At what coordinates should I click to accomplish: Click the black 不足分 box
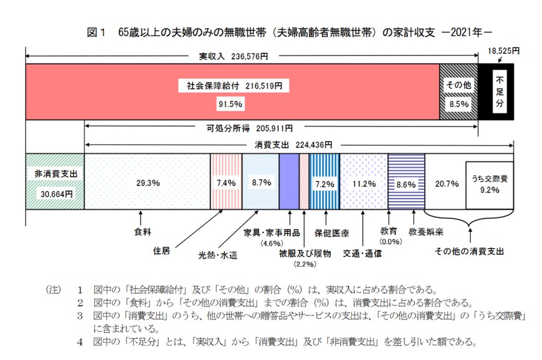pyautogui.click(x=499, y=91)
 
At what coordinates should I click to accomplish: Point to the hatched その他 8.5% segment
pyautogui.click(x=459, y=92)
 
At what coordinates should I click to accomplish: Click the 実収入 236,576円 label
pyautogui.click(x=233, y=56)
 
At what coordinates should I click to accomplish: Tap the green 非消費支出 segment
pyautogui.click(x=55, y=181)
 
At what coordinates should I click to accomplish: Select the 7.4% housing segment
pyautogui.click(x=226, y=183)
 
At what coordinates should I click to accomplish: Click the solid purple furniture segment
pyautogui.click(x=288, y=181)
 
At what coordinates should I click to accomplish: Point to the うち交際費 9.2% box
pyautogui.click(x=490, y=184)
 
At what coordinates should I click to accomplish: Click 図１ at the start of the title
pyautogui.click(x=95, y=31)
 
